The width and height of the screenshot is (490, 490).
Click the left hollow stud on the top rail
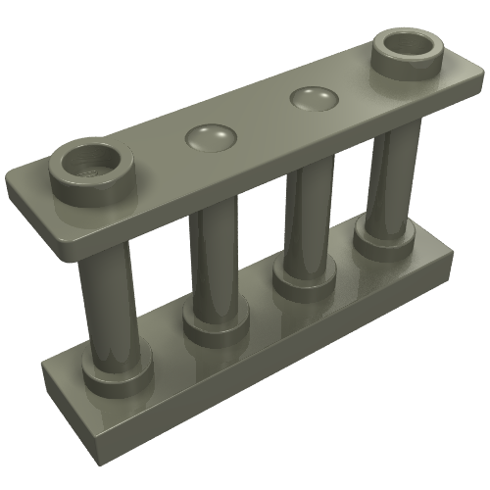coord(89,169)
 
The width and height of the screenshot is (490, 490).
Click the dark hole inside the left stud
coord(89,160)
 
